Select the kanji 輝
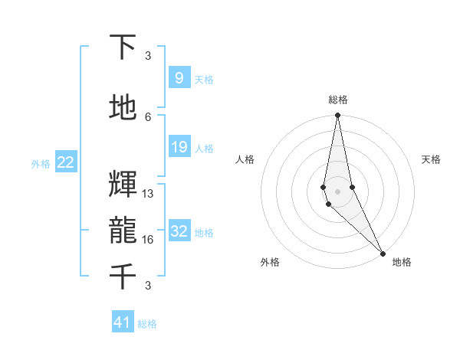(x=123, y=185)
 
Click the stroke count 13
(x=148, y=194)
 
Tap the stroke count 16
(x=148, y=240)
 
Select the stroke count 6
(x=148, y=117)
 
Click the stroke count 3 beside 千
(x=148, y=286)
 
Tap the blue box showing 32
(x=179, y=231)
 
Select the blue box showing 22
(x=65, y=162)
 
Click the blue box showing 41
(x=123, y=322)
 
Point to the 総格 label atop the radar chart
(x=338, y=100)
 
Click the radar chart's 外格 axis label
(x=270, y=263)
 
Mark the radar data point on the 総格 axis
(x=337, y=116)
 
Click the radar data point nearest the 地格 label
(x=382, y=253)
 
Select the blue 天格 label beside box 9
(x=204, y=80)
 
